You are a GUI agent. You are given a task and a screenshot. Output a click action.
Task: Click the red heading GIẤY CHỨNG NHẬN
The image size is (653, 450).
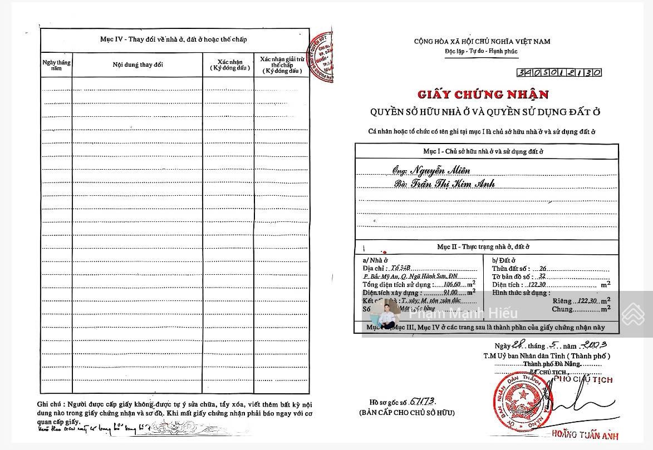click(482, 95)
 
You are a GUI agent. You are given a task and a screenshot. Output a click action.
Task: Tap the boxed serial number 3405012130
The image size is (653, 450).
click(559, 72)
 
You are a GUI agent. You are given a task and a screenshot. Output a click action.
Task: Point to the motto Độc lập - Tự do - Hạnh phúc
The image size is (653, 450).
click(481, 51)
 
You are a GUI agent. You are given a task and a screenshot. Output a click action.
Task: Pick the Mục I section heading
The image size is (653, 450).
click(487, 151)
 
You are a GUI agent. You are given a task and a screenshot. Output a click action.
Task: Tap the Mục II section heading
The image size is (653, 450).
click(487, 246)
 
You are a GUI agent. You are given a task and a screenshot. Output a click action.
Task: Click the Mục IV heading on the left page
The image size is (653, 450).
click(173, 39)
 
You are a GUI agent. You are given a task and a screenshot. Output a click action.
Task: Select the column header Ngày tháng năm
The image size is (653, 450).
click(56, 65)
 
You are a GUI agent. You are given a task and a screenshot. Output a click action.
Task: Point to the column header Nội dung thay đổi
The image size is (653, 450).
click(138, 65)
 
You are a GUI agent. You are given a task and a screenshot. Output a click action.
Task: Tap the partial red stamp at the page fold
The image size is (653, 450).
click(323, 56)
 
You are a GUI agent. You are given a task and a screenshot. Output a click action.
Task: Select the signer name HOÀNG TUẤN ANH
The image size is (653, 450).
click(585, 436)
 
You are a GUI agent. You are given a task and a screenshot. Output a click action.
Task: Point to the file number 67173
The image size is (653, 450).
click(421, 401)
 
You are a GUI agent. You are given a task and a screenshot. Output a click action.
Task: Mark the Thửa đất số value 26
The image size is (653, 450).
click(543, 269)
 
